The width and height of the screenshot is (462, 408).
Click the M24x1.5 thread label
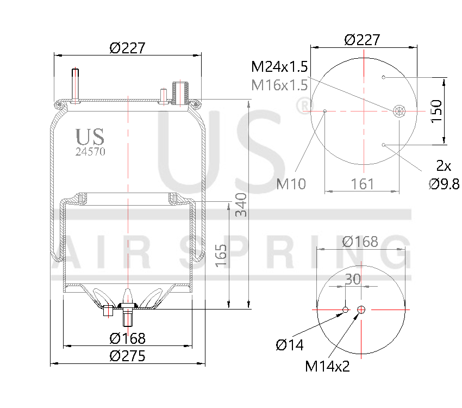point(279,67)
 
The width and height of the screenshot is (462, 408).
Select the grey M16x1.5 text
point(279,85)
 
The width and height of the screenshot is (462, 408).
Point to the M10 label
point(291,184)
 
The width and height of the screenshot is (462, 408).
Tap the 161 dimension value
point(363,184)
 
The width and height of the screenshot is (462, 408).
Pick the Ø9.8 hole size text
point(444,184)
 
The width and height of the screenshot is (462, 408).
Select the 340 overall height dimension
point(241,205)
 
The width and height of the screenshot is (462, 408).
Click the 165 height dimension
point(221,255)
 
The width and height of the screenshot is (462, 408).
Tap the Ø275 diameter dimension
point(128,356)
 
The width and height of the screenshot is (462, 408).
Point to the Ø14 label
point(290,344)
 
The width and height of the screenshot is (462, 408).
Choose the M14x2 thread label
point(327,366)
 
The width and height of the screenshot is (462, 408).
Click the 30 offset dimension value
point(353,279)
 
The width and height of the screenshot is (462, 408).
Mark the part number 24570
point(90,152)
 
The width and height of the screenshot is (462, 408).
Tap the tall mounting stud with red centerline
point(76,84)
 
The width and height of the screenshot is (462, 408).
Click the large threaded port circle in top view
point(399,111)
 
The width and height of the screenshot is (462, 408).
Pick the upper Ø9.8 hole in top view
point(384,77)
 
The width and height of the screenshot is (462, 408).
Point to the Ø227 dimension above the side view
point(128,48)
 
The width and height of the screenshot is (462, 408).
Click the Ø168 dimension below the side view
point(128,338)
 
